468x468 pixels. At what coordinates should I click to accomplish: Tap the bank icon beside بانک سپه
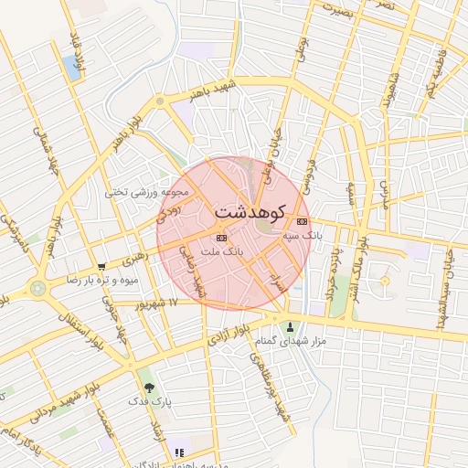tap(303, 221)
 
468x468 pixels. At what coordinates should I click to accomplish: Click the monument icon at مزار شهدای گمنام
tap(291, 327)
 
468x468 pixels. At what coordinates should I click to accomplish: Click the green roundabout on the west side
tap(37, 289)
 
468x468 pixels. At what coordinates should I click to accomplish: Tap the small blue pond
tap(71, 66)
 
